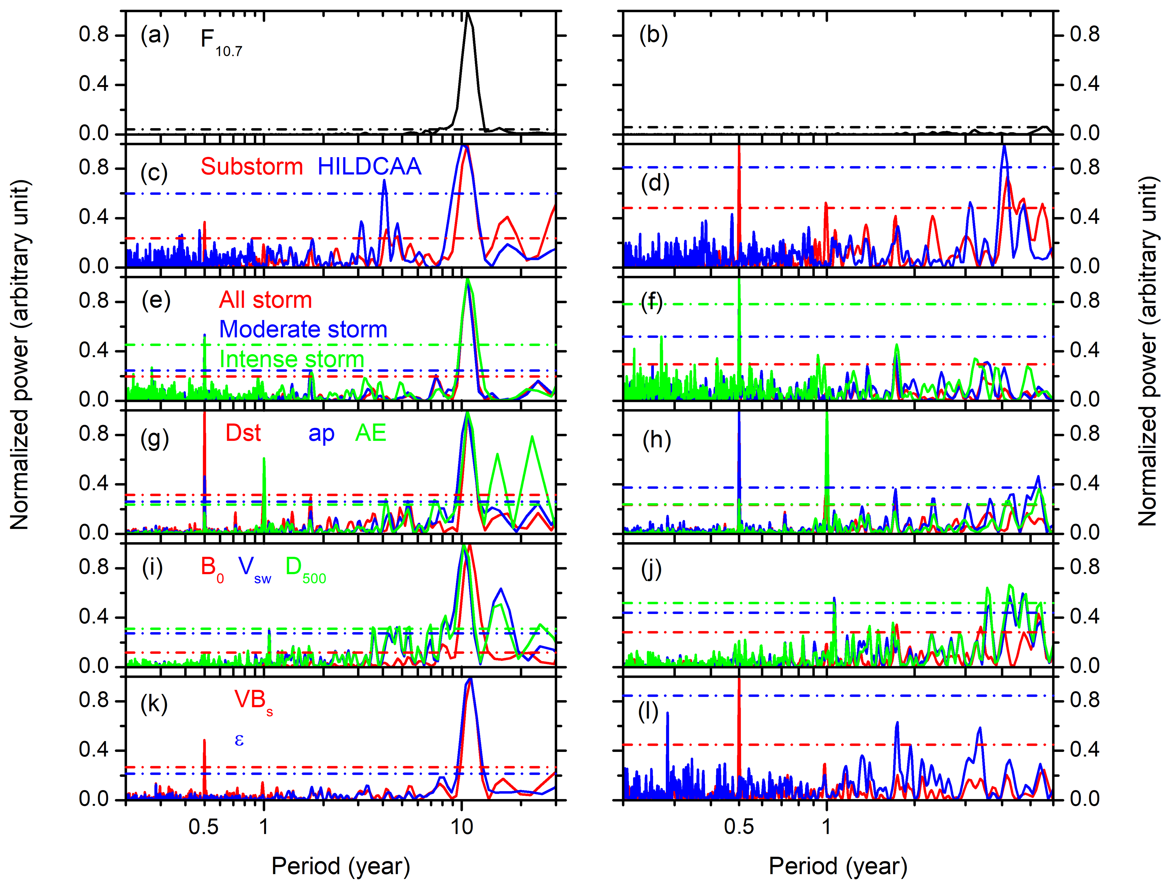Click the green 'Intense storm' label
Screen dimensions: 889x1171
click(x=292, y=359)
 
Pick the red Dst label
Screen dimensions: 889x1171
click(x=243, y=433)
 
